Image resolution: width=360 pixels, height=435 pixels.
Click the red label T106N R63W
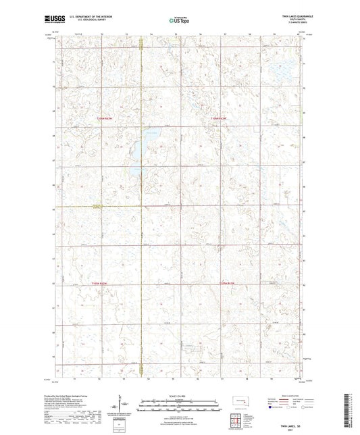coord(104,120)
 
